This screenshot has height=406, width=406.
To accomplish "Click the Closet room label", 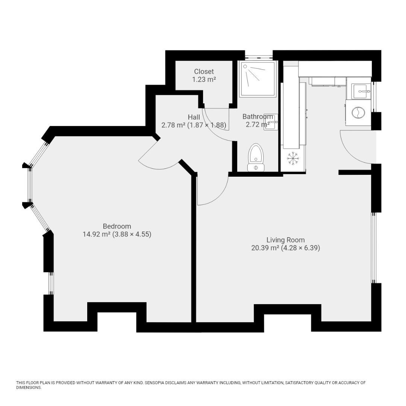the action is pyautogui.click(x=204, y=71).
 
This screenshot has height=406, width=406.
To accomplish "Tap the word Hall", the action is pyautogui.click(x=194, y=117).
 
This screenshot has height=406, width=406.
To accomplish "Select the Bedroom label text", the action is pyautogui.click(x=117, y=226).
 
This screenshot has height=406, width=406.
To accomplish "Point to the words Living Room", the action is pyautogui.click(x=286, y=240).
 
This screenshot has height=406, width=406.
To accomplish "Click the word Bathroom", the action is pyautogui.click(x=258, y=117).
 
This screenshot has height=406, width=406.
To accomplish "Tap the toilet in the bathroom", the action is pyautogui.click(x=256, y=158).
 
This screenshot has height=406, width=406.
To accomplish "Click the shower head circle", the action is pyautogui.click(x=245, y=66).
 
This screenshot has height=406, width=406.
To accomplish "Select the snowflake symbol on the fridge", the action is pyautogui.click(x=293, y=158).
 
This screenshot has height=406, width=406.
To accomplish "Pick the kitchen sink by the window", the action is pyautogui.click(x=361, y=91).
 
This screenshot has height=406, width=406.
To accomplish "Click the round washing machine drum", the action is pyautogui.click(x=358, y=113).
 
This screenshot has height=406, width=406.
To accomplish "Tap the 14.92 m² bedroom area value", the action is pyautogui.click(x=97, y=234).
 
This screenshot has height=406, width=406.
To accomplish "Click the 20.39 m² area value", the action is pyautogui.click(x=265, y=248).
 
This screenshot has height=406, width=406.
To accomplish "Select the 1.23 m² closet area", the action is pyautogui.click(x=204, y=79).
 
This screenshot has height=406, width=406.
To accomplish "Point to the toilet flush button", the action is pyautogui.click(x=256, y=168).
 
